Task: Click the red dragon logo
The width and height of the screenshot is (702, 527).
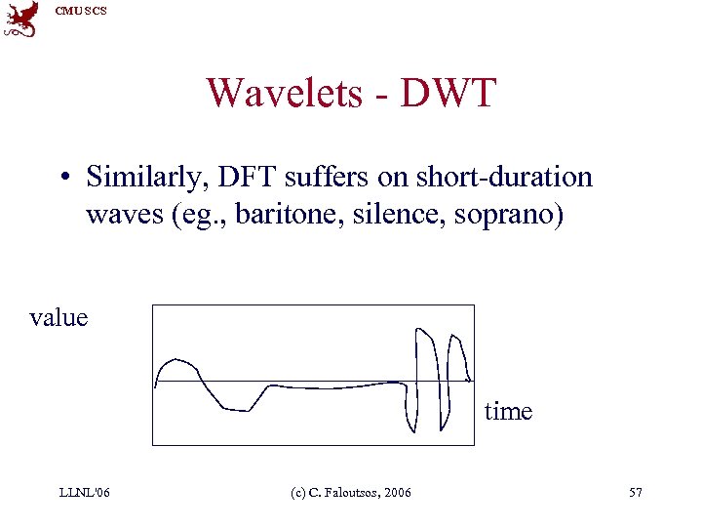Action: coord(20,19)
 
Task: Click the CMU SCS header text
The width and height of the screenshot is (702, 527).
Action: coord(80,10)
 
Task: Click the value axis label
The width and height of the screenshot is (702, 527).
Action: coord(58,317)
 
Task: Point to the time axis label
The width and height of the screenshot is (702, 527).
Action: coord(508,411)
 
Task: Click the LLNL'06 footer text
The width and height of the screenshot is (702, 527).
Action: coord(83,492)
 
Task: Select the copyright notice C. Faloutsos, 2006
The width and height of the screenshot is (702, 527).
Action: coord(350,492)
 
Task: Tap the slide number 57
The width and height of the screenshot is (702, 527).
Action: coord(636,492)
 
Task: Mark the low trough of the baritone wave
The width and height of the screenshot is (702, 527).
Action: coord(237,408)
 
